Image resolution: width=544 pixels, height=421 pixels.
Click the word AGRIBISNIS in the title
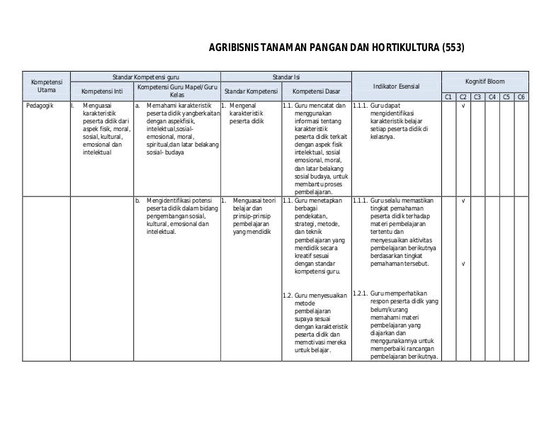[x=233, y=49]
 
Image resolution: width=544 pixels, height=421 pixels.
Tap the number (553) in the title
[x=453, y=49]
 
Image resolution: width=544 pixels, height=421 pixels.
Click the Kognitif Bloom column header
[x=484, y=82]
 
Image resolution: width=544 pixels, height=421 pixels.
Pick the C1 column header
[x=448, y=97]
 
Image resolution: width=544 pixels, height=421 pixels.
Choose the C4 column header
[x=492, y=97]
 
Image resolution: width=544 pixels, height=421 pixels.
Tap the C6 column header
[x=521, y=97]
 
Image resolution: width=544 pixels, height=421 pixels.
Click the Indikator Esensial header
[x=397, y=86]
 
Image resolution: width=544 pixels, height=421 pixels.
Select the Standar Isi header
[x=286, y=75]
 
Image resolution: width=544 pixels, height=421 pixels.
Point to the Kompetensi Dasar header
[x=317, y=91]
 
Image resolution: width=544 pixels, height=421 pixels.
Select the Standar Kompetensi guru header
[x=145, y=75]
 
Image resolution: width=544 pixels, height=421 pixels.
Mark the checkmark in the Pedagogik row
[x=463, y=106]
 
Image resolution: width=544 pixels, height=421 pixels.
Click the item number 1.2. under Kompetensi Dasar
[x=288, y=296]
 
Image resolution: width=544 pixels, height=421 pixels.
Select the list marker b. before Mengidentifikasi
[x=137, y=201]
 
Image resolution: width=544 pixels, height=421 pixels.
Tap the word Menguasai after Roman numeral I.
[x=96, y=106]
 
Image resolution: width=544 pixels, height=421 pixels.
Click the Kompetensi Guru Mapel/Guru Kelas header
[x=176, y=91]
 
